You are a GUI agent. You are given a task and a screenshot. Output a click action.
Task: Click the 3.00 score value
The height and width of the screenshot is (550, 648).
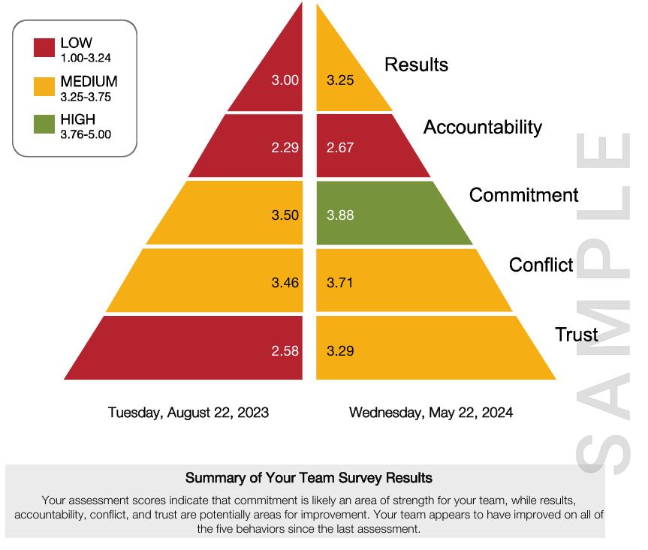point(285,80)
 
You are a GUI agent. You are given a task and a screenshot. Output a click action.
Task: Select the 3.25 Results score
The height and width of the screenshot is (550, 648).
point(340,80)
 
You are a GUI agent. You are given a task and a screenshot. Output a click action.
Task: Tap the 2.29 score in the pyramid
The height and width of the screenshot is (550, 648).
point(285,148)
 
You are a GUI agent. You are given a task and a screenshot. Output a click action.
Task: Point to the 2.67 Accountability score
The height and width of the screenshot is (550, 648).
point(340,148)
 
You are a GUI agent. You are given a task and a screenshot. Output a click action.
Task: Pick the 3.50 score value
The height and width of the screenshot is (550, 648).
point(285,215)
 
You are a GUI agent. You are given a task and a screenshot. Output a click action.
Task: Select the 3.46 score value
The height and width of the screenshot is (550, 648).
point(285,283)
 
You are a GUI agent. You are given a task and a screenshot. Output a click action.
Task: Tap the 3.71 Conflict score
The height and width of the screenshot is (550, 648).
point(340,283)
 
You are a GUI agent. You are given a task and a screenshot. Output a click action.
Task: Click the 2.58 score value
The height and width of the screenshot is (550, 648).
point(285,350)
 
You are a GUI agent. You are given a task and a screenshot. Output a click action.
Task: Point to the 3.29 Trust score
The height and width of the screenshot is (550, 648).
point(340,350)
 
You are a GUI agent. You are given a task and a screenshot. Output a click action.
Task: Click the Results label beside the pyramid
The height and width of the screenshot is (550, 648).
point(416,65)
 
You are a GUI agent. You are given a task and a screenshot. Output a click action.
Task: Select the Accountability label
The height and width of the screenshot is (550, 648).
point(482,128)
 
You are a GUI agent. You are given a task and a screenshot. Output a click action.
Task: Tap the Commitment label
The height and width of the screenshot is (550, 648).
point(523,196)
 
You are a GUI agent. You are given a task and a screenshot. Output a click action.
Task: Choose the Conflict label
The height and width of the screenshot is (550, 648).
point(541,265)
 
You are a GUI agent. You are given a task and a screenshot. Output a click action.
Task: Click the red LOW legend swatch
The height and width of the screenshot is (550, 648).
point(44,48)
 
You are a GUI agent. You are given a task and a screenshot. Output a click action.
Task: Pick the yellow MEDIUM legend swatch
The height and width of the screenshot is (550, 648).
point(44,86)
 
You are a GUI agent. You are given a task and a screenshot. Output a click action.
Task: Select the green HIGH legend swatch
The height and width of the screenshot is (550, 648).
point(44,124)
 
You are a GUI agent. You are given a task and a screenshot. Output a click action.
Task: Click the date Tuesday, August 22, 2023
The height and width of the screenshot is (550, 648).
point(188,413)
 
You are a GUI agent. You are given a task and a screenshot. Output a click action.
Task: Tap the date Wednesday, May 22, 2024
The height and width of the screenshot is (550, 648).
point(431,413)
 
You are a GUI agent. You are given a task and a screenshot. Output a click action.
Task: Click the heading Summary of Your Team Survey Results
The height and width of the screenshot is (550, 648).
point(309,478)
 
